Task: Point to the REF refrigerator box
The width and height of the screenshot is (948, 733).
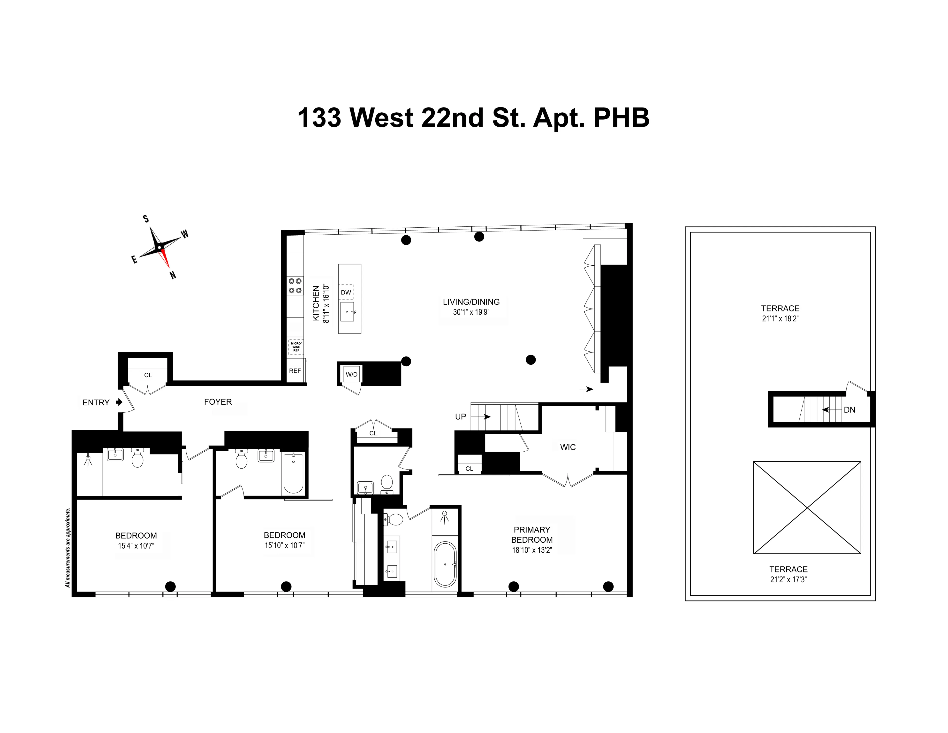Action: (295, 371)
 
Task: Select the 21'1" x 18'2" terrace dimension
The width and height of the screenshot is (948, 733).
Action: (780, 318)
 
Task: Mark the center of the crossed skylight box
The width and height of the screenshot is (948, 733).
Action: (807, 508)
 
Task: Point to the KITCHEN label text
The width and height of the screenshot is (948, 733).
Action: (316, 303)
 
